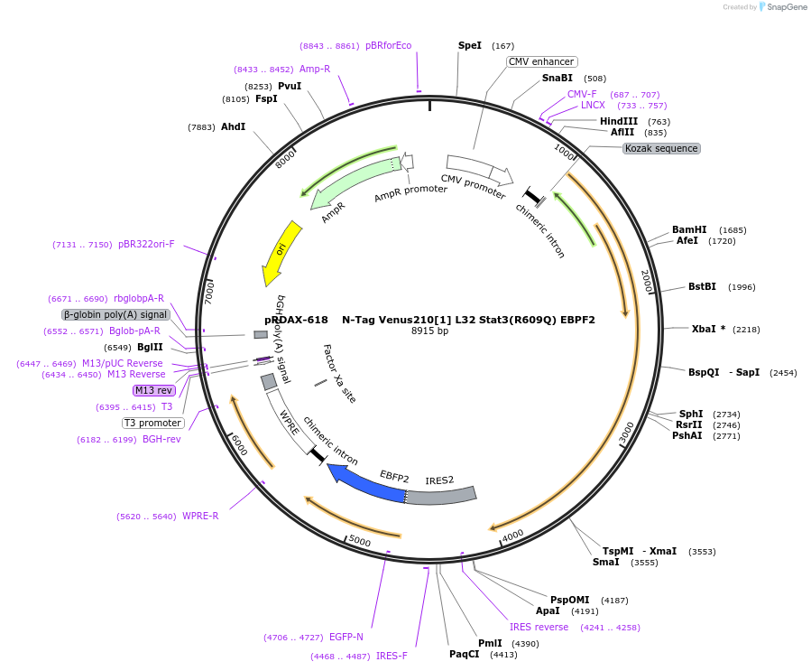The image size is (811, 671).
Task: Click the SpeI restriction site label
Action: coord(470,45)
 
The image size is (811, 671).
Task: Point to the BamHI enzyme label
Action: coord(689,229)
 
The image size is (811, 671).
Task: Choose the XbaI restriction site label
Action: coord(705,329)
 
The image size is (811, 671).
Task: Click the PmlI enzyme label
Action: coord(490,643)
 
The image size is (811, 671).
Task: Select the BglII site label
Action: coord(150,347)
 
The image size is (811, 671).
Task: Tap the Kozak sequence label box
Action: coord(661,148)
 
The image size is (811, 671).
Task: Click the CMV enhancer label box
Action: coord(540,61)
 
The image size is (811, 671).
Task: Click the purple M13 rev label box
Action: coord(153,390)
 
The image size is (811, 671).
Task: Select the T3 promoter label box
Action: coord(153,423)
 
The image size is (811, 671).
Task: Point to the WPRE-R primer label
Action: coord(200,517)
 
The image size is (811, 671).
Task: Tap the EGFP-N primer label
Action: coord(346,638)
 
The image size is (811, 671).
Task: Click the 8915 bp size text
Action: coord(429,331)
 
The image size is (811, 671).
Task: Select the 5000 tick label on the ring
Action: coord(359,541)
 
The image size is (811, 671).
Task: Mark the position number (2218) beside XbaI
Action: coord(746,330)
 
